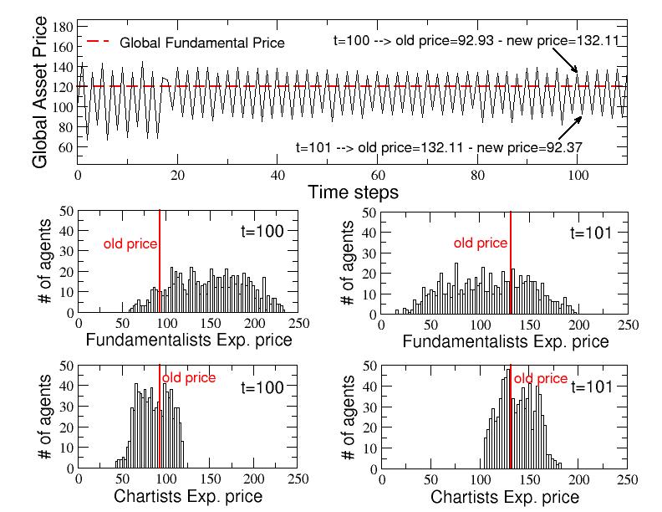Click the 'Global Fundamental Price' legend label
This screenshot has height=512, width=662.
[202, 43]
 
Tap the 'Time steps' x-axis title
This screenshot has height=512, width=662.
[354, 192]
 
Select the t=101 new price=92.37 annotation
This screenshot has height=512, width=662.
[439, 146]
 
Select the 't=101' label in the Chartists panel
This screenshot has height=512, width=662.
[593, 387]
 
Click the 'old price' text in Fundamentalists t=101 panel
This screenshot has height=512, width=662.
[481, 243]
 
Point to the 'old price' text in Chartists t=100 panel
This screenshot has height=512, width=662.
[189, 378]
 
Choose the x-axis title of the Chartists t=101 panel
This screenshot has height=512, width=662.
[505, 497]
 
